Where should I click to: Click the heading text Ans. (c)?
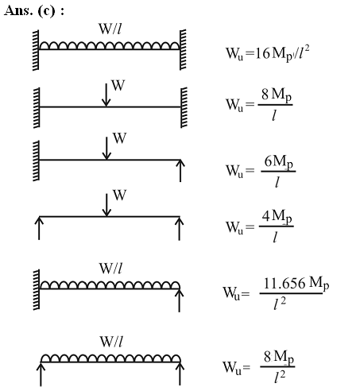[33, 11]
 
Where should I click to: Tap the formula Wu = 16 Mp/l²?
[268, 53]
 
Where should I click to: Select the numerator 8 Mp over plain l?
[277, 95]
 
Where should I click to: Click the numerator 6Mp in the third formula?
[279, 162]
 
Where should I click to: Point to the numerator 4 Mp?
[277, 217]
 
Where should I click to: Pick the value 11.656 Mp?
[296, 283]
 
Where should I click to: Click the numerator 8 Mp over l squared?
[279, 358]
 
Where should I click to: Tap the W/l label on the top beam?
[110, 29]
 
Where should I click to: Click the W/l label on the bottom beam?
[111, 342]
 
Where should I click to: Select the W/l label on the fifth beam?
[110, 269]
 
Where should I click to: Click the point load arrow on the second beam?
[106, 95]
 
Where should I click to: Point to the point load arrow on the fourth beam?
[106, 205]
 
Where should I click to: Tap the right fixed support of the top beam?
[183, 49]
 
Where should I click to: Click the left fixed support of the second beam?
[37, 107]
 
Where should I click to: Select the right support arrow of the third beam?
[180, 171]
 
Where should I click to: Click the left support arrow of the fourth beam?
[39, 228]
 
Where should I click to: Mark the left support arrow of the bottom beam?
[41, 374]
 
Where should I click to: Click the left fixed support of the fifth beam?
[37, 289]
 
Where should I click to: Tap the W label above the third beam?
[119, 138]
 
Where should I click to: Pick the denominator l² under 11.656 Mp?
[280, 304]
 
